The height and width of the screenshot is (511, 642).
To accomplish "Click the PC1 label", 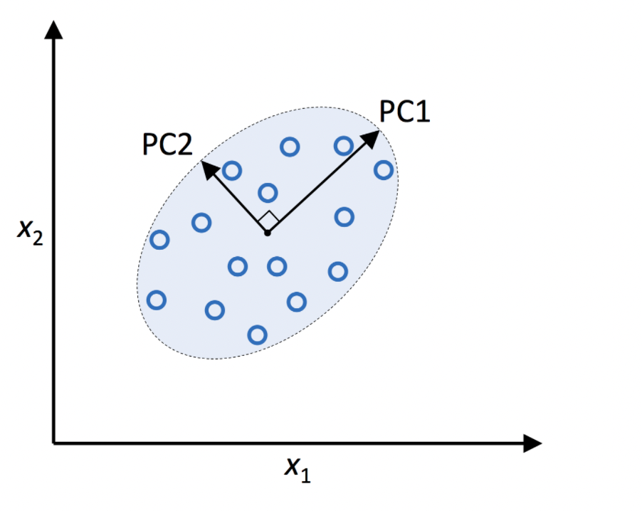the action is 405,112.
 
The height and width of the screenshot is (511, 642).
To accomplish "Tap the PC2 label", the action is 167,144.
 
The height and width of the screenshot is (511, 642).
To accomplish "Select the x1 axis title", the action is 298,469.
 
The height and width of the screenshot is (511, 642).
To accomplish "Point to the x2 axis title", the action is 31,233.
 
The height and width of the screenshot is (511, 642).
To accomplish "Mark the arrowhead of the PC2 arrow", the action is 208,168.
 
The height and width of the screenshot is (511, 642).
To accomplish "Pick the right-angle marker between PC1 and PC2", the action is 268,219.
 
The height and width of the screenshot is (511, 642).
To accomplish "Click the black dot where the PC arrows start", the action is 267,233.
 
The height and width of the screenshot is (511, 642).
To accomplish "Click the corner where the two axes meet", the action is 54,443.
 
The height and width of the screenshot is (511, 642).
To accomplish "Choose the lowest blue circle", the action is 257,334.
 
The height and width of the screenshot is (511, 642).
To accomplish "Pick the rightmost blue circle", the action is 384,169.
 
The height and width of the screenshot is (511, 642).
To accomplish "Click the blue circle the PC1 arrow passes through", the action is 343,146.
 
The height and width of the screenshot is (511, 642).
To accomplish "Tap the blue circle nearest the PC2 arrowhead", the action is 231,170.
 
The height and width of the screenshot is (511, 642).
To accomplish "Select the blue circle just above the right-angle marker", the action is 268,192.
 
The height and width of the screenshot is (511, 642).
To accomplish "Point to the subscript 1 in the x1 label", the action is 305,475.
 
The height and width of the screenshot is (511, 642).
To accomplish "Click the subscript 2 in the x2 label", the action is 38,238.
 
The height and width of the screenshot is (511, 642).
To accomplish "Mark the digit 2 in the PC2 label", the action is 184,144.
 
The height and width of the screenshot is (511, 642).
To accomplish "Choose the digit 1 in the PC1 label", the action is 423,112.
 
